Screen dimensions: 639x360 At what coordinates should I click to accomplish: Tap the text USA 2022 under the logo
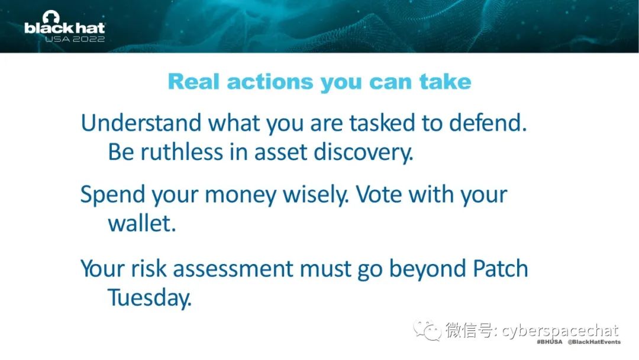pyautogui.click(x=75, y=39)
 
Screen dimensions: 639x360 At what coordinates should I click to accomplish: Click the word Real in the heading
pyautogui.click(x=193, y=82)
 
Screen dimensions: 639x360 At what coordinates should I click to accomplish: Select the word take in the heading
pyautogui.click(x=446, y=82)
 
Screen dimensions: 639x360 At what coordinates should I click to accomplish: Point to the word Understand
pyautogui.click(x=141, y=123)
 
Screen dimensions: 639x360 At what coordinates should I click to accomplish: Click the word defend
pyautogui.click(x=488, y=123)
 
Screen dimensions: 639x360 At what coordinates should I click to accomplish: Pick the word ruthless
pyautogui.click(x=182, y=152)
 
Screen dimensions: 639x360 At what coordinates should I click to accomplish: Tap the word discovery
pyautogui.click(x=363, y=153)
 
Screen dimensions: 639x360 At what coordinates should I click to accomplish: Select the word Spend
pyautogui.click(x=113, y=195)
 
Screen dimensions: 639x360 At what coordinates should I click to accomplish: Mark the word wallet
pyautogui.click(x=142, y=223)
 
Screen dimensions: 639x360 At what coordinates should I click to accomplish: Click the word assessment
pyautogui.click(x=233, y=269)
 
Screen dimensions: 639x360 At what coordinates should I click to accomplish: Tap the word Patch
pyautogui.click(x=500, y=269)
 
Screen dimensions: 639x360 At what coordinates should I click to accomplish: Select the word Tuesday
pyautogui.click(x=149, y=298)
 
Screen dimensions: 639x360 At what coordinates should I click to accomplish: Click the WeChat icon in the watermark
pyautogui.click(x=427, y=329)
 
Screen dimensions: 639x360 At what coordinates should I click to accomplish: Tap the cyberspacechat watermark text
pyautogui.click(x=560, y=330)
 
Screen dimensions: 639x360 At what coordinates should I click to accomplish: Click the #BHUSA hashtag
pyautogui.click(x=549, y=342)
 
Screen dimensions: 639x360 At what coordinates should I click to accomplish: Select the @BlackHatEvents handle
pyautogui.click(x=594, y=342)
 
